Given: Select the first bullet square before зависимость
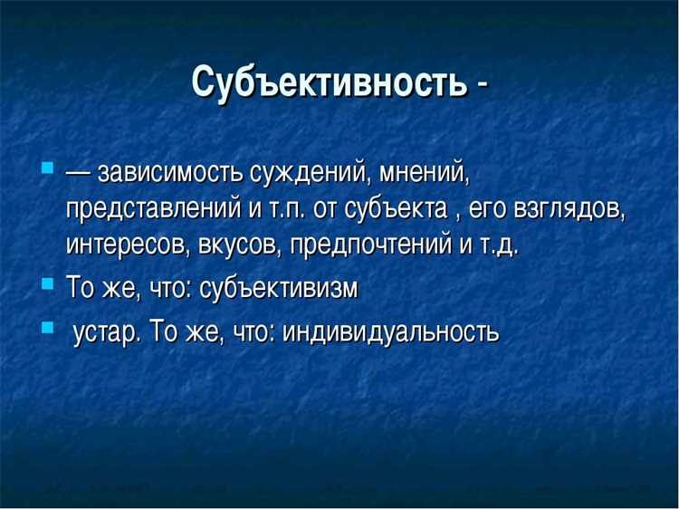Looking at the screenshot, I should click(48, 168).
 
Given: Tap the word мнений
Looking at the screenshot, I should click(426, 171).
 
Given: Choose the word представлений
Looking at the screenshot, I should click(152, 208).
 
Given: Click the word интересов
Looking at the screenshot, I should click(121, 245).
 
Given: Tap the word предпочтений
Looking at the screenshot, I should click(364, 245).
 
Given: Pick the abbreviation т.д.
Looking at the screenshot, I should click(497, 245).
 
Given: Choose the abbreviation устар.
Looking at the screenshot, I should click(106, 331).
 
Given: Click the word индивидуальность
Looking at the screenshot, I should click(391, 331).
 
